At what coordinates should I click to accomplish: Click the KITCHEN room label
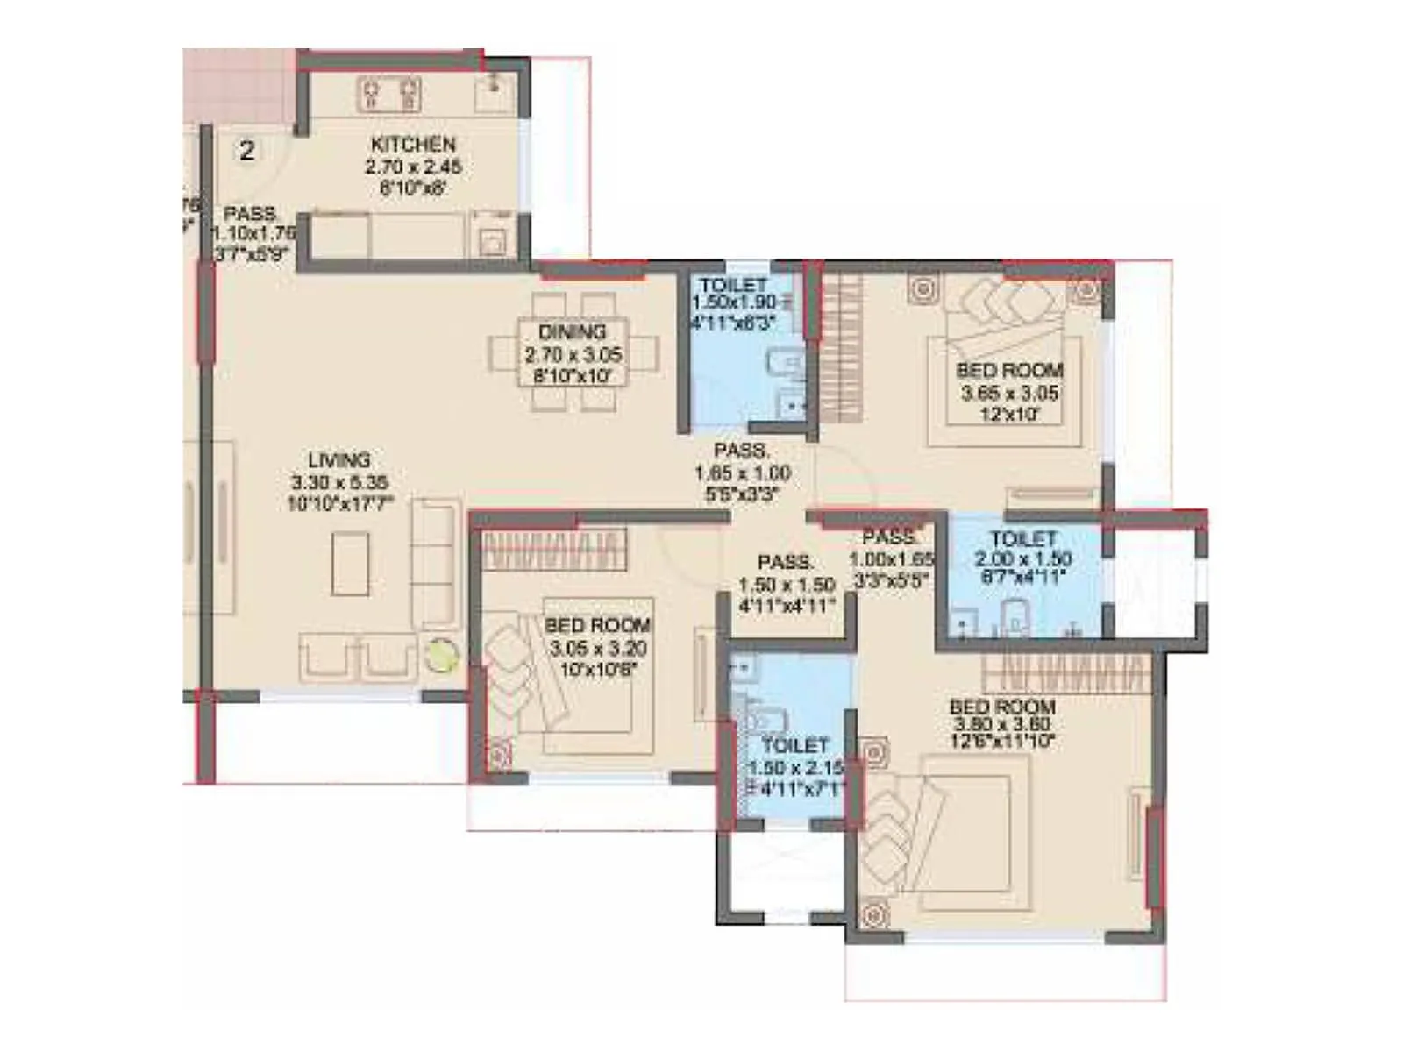[413, 144]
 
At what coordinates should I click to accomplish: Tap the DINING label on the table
[572, 332]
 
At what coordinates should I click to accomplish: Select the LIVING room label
[339, 459]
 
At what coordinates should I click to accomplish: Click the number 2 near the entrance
[247, 151]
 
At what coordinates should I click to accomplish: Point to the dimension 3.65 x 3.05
[1009, 393]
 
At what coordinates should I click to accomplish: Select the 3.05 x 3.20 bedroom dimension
[597, 649]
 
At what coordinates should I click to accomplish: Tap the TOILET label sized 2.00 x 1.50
[1022, 538]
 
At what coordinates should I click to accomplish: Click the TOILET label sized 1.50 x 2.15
[794, 745]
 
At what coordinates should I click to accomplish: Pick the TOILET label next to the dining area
[733, 285]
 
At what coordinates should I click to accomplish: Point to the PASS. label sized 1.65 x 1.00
[742, 451]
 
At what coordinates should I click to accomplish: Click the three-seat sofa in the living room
[436, 563]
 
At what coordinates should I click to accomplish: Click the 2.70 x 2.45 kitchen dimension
[413, 167]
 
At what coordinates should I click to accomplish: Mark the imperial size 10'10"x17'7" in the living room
[339, 504]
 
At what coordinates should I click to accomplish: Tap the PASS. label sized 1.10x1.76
[251, 213]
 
